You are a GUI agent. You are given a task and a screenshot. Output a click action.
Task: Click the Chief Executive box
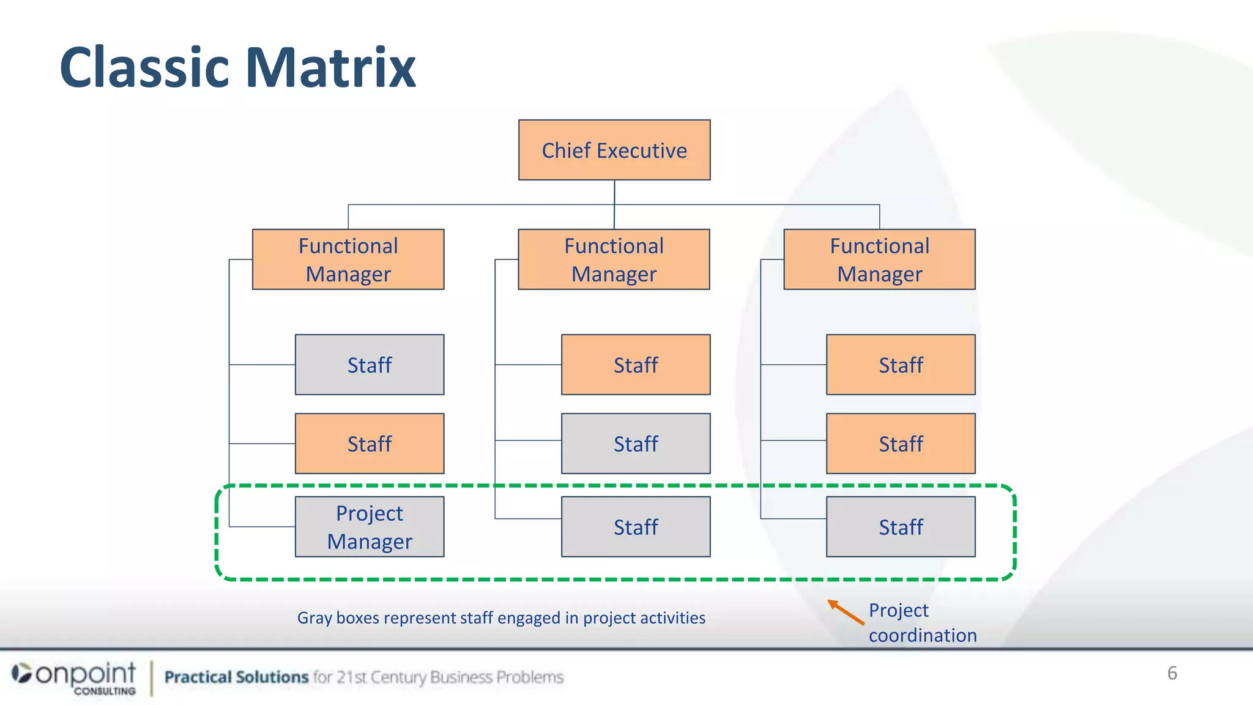[614, 150]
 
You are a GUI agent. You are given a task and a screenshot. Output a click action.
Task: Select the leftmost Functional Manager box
[348, 259]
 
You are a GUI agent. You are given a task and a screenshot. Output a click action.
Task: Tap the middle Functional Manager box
[614, 259]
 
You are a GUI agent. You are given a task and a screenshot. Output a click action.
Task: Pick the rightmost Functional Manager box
[879, 259]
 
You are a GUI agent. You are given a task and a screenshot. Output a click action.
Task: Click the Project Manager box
[370, 527]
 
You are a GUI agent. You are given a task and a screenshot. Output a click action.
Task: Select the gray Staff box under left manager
[370, 365]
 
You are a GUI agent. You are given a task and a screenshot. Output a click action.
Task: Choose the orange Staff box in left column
[370, 444]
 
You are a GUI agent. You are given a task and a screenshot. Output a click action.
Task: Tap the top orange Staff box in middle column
[636, 365]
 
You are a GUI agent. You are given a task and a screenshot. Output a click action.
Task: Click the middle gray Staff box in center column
[636, 444]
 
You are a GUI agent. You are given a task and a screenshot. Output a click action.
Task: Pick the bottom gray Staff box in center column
[636, 527]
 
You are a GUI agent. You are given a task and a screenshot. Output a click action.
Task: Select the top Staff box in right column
[901, 365]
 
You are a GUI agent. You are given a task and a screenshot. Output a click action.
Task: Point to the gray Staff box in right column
[901, 527]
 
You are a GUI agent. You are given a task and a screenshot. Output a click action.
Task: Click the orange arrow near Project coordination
[846, 612]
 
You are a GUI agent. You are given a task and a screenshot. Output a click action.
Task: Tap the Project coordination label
[922, 623]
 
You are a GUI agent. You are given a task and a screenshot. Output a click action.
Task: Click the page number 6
[1172, 673]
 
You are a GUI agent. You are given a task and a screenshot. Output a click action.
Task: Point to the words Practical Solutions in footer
[236, 677]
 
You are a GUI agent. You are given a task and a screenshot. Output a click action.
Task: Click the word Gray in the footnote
[314, 618]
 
